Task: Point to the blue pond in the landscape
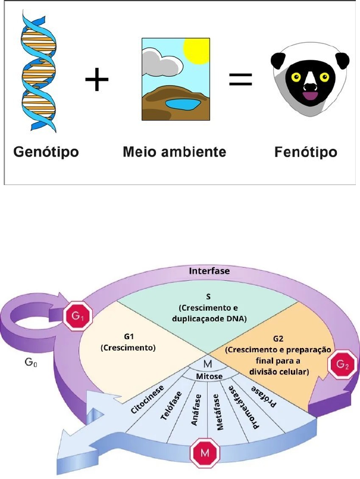tap(183, 105)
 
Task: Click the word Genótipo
tap(47, 152)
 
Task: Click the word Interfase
tap(210, 271)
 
